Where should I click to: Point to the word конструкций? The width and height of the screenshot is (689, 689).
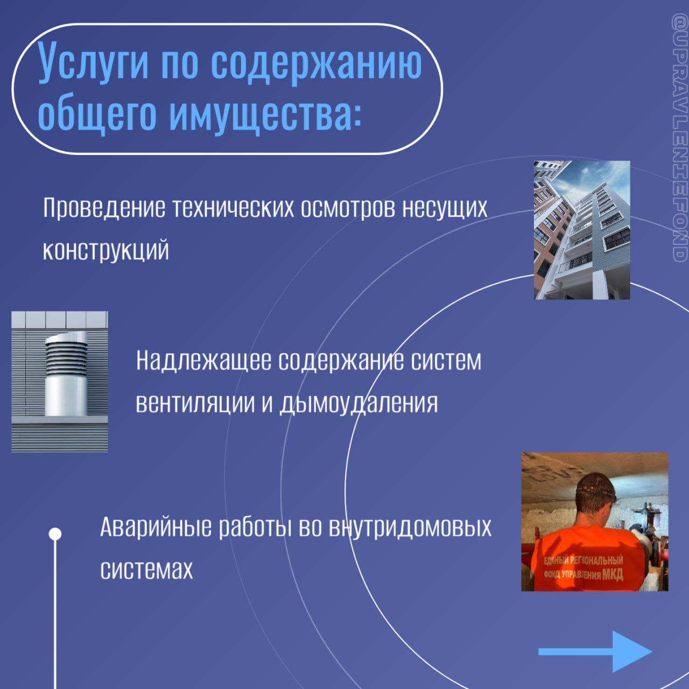pos(106,250)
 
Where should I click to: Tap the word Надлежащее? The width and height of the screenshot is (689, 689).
pos(203,361)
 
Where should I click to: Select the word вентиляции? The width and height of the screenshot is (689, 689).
pos(195,403)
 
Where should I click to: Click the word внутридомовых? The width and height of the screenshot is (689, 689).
pos(410,528)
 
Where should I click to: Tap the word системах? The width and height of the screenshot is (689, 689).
pos(146,570)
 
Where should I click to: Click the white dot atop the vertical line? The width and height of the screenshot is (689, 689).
pos(55,534)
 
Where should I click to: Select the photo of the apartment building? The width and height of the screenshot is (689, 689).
pos(582,230)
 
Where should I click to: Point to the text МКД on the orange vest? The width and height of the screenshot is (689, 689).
pos(612,574)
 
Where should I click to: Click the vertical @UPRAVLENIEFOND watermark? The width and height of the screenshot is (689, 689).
pos(680,138)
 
